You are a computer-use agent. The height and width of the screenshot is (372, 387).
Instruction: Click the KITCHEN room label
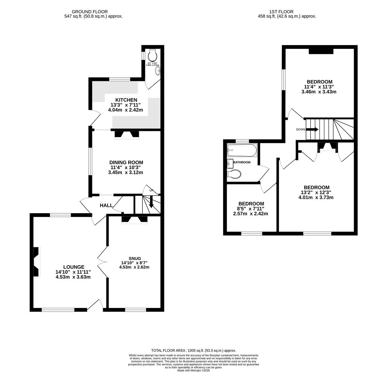(x=126, y=100)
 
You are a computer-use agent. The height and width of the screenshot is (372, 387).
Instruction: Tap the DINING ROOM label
(x=126, y=162)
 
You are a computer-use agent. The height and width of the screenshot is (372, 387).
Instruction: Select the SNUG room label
(x=135, y=258)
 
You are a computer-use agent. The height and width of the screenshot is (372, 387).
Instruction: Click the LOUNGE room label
(x=73, y=267)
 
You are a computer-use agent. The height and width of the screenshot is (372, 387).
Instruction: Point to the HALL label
(x=106, y=205)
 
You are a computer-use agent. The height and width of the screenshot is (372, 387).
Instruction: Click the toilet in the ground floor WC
(x=152, y=55)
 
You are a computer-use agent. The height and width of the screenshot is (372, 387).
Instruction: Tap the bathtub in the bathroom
(x=242, y=151)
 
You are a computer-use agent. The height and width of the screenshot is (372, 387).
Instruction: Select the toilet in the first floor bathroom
(x=234, y=174)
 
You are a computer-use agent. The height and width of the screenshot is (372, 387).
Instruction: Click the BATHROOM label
(x=242, y=162)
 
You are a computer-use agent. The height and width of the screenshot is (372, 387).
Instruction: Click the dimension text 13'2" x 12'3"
(x=316, y=193)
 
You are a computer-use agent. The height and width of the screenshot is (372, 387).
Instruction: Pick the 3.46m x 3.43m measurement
(x=318, y=92)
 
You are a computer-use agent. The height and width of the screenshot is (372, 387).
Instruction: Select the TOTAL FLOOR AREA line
(x=193, y=350)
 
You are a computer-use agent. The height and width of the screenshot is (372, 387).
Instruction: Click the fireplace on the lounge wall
(x=36, y=261)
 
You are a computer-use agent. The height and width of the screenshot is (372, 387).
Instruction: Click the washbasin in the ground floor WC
(x=158, y=71)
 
